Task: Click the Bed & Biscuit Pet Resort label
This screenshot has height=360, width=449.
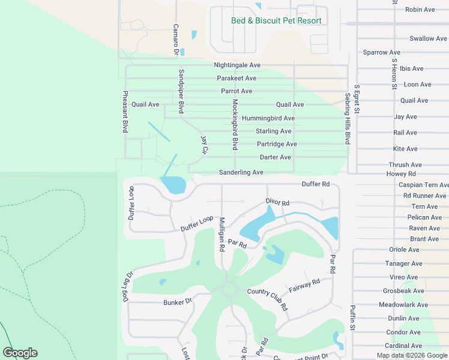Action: [276, 20]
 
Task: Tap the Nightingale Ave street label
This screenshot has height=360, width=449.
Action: [237, 65]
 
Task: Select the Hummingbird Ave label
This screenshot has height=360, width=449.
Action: [268, 118]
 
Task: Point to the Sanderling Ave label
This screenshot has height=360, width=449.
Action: [241, 172]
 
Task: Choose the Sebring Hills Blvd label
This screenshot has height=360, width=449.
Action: [347, 118]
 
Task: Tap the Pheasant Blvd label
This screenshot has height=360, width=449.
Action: [125, 112]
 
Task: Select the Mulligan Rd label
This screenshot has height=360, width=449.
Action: [221, 233]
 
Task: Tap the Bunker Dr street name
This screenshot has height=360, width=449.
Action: [178, 302]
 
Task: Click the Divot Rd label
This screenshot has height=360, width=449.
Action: [277, 203]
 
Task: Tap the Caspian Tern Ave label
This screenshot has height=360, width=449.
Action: [423, 185]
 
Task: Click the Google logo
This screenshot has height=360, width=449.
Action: [20, 353]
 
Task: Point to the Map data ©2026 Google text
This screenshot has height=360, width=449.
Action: [412, 355]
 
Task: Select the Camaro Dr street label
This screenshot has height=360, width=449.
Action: [176, 39]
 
